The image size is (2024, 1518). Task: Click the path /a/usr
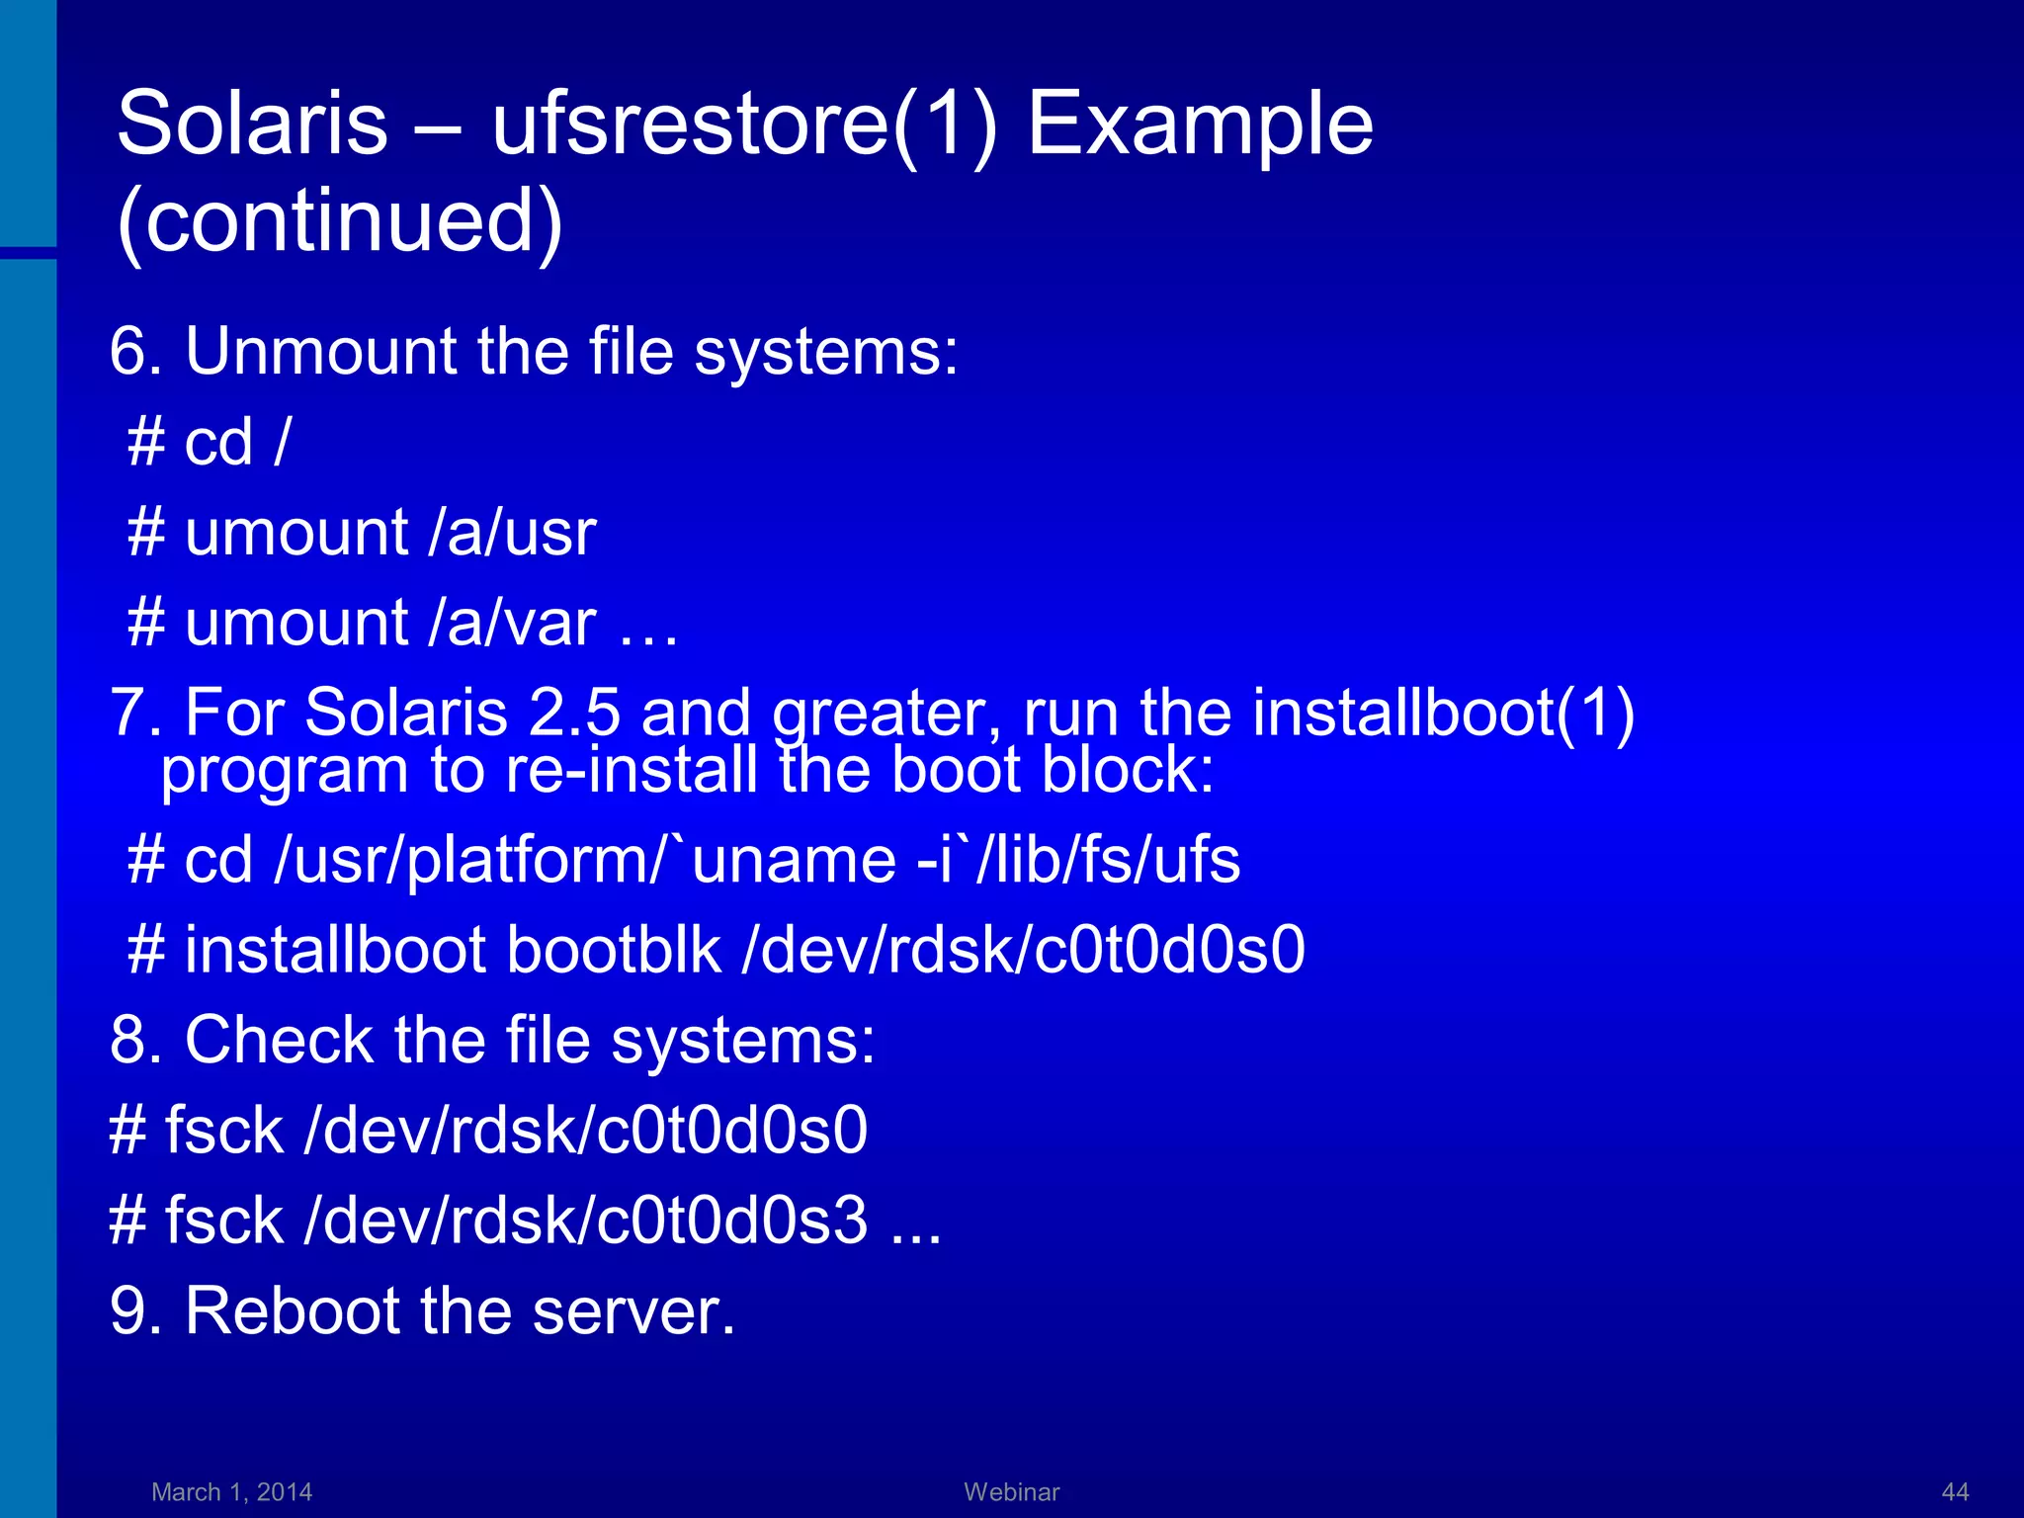click(513, 533)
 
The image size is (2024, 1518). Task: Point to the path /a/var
click(513, 624)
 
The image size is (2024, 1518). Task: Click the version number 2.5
click(574, 713)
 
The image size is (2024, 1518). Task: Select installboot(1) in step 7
click(1443, 713)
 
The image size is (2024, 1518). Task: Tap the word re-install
click(632, 770)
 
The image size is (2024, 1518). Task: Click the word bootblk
click(614, 950)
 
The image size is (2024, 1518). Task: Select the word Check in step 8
click(279, 1041)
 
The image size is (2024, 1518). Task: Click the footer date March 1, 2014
click(231, 1491)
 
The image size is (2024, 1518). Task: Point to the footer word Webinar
click(1011, 1491)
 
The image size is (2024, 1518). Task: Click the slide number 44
click(1955, 1491)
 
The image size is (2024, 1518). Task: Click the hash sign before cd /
click(145, 442)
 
